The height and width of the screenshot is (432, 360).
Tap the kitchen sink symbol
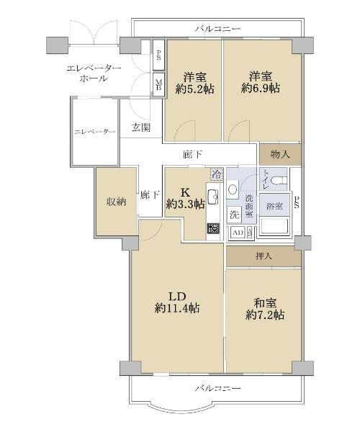click(213, 197)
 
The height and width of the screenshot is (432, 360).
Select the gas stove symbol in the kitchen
click(213, 228)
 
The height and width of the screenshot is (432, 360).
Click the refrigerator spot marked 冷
click(217, 174)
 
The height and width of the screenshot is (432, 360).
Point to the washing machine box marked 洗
click(234, 214)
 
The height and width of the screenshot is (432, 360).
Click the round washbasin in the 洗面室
click(233, 189)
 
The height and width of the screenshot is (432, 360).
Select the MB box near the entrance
click(158, 84)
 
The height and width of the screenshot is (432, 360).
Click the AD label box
click(238, 233)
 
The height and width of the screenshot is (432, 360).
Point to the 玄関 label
click(140, 127)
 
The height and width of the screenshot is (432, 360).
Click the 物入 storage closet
click(280, 154)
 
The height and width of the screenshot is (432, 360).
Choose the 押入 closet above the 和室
click(264, 256)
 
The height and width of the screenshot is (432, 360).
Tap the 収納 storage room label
click(116, 202)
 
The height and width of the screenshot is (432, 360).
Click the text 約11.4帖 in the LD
click(177, 308)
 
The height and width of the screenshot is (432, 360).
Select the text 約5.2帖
click(194, 89)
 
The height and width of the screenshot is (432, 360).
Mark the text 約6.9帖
click(261, 88)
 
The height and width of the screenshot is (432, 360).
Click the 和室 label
click(264, 303)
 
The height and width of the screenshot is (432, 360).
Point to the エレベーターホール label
click(94, 73)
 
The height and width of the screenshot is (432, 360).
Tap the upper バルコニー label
click(218, 28)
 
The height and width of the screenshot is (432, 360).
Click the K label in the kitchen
click(185, 192)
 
